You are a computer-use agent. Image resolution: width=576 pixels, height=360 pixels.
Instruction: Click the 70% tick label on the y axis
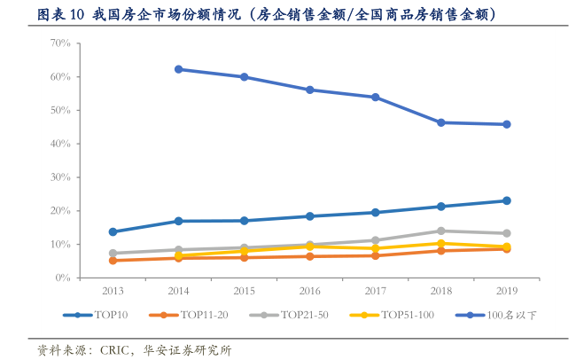tap(59, 43)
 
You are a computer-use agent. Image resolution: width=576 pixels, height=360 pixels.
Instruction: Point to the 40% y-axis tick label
tap(59, 144)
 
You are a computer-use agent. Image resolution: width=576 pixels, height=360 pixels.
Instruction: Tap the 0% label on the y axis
tap(62, 278)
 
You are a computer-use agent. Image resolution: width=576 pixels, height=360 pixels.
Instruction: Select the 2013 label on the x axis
tap(113, 290)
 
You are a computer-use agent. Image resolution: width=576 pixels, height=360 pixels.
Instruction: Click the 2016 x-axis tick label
tap(309, 290)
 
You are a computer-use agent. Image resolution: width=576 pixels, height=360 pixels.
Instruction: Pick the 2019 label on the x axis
tap(506, 290)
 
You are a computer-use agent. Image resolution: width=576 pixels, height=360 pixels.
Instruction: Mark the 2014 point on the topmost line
tap(178, 69)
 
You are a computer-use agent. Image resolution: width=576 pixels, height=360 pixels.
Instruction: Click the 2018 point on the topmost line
tap(440, 122)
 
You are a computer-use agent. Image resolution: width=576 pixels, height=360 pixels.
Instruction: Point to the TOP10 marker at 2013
tap(113, 232)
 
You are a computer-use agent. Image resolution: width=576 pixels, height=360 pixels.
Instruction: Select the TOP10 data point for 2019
tap(506, 200)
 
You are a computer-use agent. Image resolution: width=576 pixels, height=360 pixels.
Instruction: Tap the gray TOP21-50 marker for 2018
tap(440, 231)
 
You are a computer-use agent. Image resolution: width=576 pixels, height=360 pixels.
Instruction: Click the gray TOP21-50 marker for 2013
tap(113, 254)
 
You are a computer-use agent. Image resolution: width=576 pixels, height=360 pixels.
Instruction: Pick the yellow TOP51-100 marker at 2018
tap(440, 243)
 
